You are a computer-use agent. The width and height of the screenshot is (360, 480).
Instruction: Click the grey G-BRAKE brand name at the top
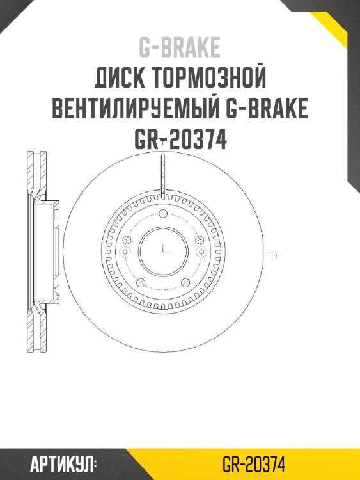click(180, 47)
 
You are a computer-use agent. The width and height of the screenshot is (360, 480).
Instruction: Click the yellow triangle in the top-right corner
click(342, 22)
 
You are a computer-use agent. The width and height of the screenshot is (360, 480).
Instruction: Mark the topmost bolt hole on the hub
click(162, 213)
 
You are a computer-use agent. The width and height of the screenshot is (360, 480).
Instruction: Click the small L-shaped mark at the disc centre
click(165, 248)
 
